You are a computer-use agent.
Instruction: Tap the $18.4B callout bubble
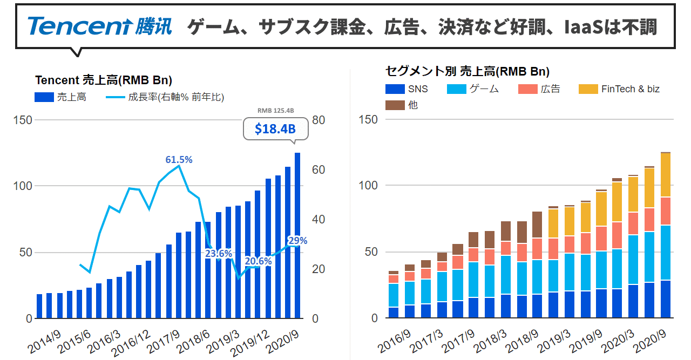coord(275,130)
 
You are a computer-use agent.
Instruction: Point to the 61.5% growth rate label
coord(179,160)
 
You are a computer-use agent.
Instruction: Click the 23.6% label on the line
coord(218,253)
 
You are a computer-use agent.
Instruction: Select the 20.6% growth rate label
coord(258,261)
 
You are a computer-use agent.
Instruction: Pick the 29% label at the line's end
coord(297,241)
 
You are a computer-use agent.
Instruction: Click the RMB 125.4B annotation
coord(275,111)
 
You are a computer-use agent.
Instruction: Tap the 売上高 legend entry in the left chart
coord(60,97)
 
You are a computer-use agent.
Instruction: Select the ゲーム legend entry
coord(473,89)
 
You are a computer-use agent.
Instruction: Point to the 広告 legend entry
coord(539,89)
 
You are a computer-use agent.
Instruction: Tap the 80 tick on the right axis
coord(319,120)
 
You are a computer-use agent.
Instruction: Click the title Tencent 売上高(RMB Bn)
coord(104,80)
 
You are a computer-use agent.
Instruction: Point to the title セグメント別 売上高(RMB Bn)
coord(467,71)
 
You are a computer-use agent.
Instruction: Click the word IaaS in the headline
coord(581,26)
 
